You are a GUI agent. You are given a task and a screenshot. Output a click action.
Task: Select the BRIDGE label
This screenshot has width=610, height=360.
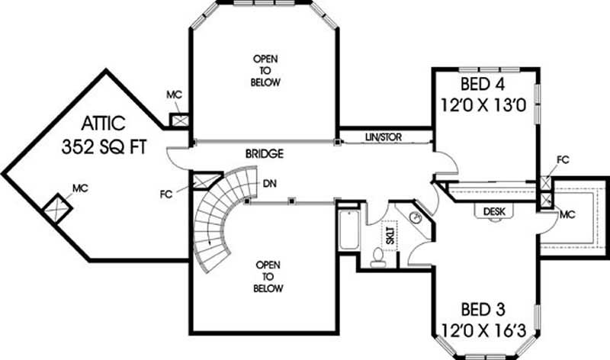(x=264, y=154)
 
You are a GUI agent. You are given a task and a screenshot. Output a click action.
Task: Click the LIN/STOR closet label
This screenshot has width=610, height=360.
(x=384, y=137)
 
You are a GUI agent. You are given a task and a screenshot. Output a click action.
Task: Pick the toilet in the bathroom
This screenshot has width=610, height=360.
(x=377, y=259)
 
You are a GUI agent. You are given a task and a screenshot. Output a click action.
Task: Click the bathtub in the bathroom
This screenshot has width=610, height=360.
(x=347, y=230)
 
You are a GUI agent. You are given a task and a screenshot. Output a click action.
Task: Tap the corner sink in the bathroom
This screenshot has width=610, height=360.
(x=416, y=218)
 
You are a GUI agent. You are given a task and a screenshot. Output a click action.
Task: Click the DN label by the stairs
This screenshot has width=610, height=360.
(x=270, y=184)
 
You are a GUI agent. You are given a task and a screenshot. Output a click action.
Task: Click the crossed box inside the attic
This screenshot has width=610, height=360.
(x=54, y=207)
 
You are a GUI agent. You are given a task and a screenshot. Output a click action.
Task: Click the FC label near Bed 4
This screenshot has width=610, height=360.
(x=563, y=160)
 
